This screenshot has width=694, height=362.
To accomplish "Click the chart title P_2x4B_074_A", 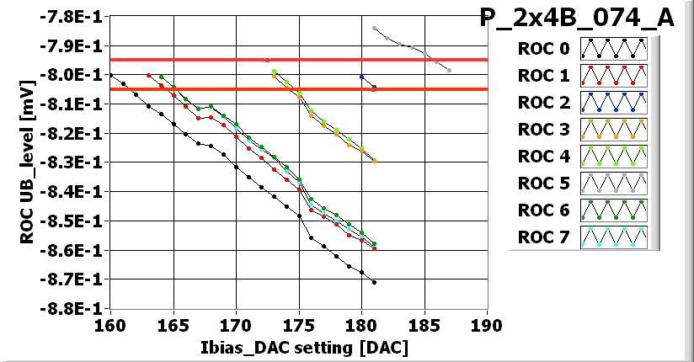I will (x=577, y=18).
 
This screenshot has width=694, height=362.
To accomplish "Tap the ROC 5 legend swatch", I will (x=619, y=184).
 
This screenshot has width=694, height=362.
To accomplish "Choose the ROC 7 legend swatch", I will (x=619, y=237).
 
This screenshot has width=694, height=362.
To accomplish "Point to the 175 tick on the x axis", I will (x=299, y=324).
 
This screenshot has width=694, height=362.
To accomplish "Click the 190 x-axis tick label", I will (x=487, y=324).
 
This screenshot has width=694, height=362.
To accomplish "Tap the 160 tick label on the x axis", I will (x=110, y=324).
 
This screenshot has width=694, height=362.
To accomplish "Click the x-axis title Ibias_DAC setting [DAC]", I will (x=299, y=346).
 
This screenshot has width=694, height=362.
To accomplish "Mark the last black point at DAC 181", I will (x=374, y=282).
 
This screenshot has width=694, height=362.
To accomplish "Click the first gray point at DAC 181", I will (x=374, y=28).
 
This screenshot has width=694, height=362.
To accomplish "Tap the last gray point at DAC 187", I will (x=450, y=70).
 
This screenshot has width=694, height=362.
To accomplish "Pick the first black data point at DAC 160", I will (x=110, y=75).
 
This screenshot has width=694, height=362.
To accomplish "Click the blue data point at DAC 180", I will (x=361, y=77).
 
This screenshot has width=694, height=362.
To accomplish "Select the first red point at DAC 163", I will (x=148, y=75).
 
